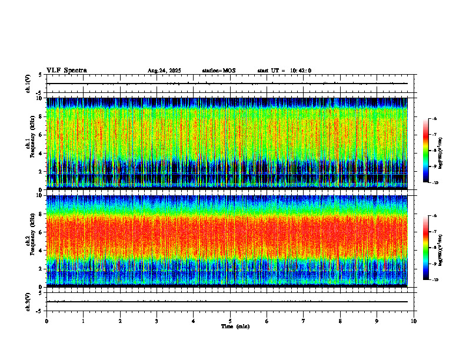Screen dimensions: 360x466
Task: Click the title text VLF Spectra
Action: pos(66,71)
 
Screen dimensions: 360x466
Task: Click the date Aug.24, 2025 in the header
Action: pos(164,71)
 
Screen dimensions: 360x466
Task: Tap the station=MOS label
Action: pos(218,71)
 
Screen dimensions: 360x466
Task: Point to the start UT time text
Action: pos(284,71)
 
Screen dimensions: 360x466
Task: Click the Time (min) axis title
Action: pos(235,326)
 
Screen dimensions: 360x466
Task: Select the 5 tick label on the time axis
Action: pos(230,321)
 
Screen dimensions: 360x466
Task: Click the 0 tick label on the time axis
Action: pos(46,321)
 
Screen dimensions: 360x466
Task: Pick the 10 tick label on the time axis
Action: pos(414,321)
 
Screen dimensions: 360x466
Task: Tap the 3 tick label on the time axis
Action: pos(157,321)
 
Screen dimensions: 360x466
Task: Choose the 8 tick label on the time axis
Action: pos(340,321)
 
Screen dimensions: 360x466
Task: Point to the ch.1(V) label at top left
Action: pos(28,84)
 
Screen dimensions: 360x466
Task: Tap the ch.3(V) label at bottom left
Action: pos(28,301)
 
